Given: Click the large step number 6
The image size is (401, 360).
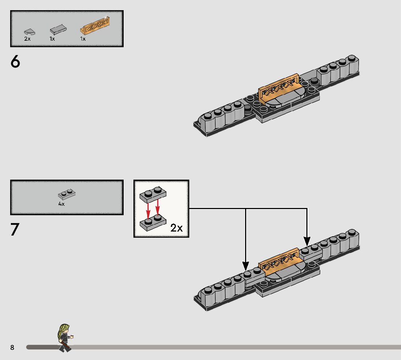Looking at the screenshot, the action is click(15, 62).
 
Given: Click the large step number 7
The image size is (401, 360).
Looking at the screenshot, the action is click(15, 230).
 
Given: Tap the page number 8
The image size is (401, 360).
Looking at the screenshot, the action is click(12, 348).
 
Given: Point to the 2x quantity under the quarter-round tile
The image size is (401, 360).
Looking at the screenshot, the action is click(28, 39).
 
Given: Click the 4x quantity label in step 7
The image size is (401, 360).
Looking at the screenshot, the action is click(61, 204).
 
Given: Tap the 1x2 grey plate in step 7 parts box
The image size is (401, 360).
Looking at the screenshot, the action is click(67, 195).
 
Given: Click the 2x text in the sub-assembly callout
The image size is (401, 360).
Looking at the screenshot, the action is click(177, 228).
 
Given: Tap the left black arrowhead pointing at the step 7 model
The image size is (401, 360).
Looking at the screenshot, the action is click(246, 266).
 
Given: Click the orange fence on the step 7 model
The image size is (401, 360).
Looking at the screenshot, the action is click(279, 260).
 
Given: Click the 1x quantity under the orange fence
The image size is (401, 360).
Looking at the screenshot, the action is click(83, 39).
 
